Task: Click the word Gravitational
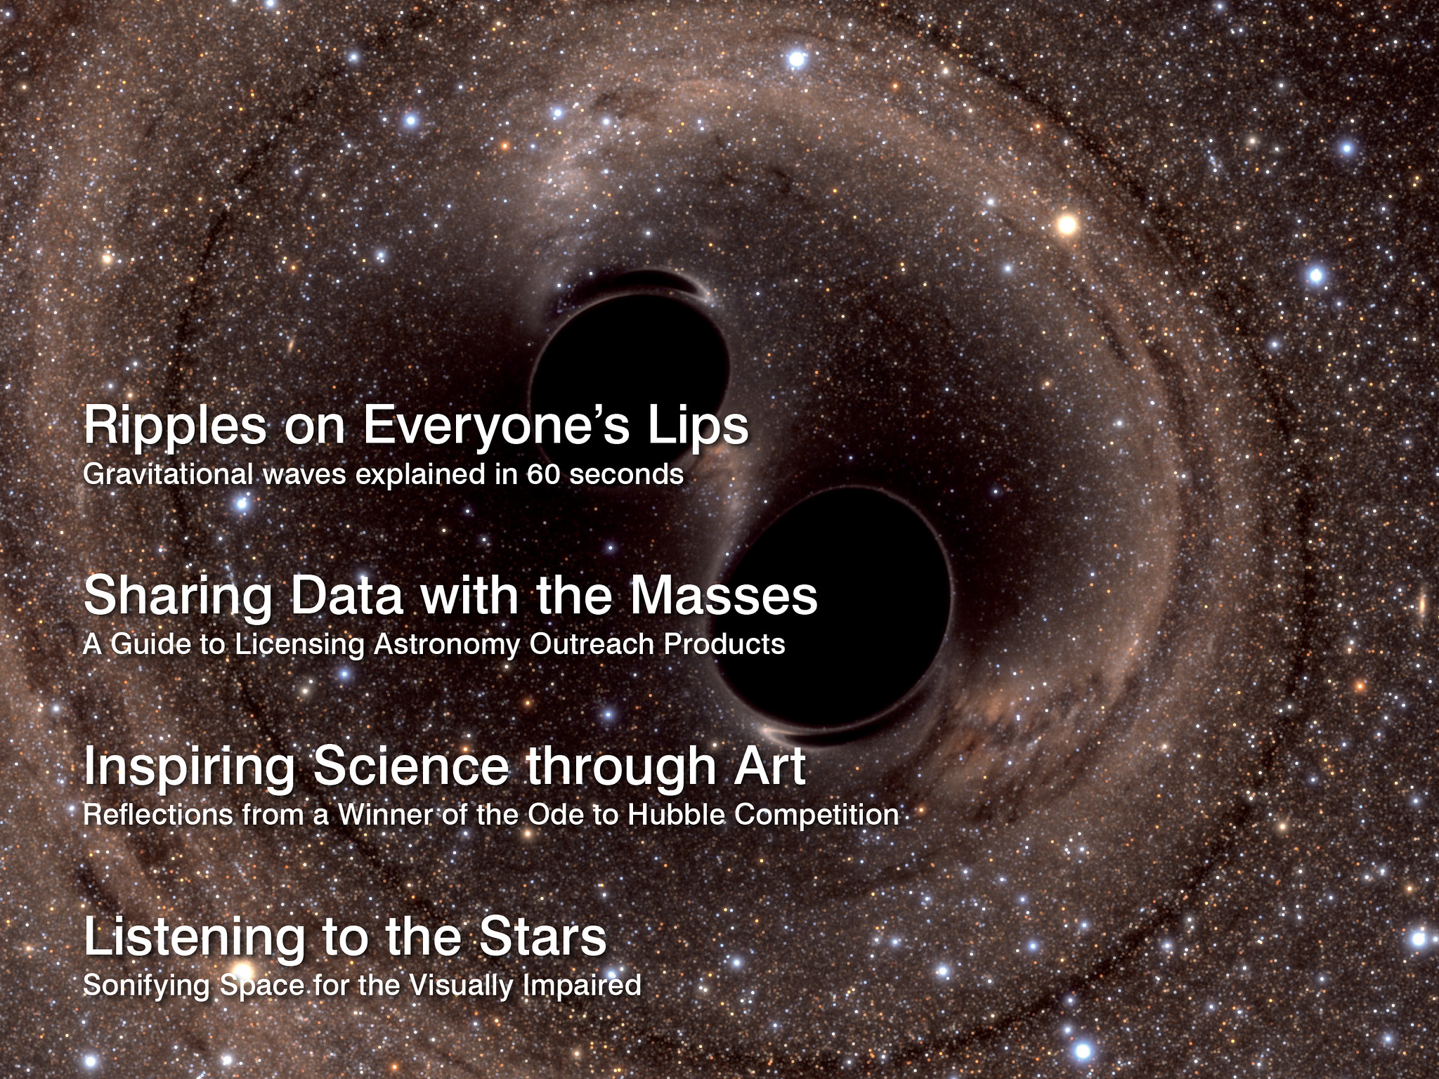tap(167, 475)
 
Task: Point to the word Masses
tap(723, 596)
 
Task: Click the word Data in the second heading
tap(346, 596)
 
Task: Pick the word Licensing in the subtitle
tap(299, 645)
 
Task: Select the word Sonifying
tap(146, 986)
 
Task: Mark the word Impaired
tap(582, 986)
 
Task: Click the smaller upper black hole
tap(630, 358)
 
